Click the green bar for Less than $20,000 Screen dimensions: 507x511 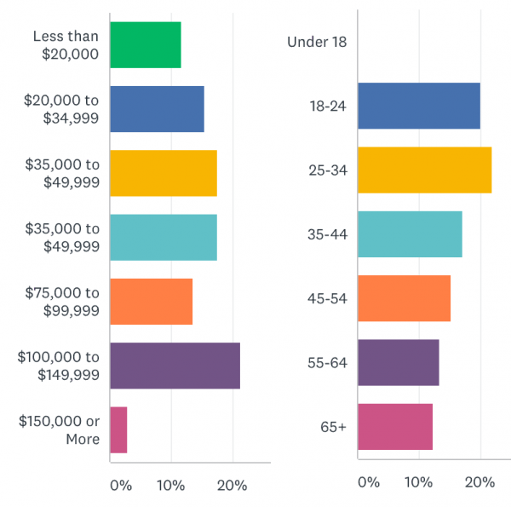click(146, 45)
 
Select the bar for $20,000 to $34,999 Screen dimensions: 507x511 click(157, 109)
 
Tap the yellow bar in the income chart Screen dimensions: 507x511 click(164, 173)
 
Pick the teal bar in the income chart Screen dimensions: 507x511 click(164, 237)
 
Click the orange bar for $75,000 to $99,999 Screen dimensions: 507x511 click(152, 302)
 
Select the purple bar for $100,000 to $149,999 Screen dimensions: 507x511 click(175, 366)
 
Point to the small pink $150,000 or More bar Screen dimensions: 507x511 click(118, 429)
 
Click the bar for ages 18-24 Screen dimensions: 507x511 click(419, 106)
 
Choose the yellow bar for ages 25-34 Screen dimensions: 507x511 click(424, 170)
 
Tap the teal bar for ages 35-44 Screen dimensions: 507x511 click(410, 233)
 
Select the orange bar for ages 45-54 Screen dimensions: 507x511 click(404, 298)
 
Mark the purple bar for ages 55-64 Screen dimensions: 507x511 click(399, 362)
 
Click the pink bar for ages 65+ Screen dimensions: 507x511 click(395, 426)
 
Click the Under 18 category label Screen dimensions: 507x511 click(317, 42)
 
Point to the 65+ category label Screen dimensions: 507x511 click(332, 426)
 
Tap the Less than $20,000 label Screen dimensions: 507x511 click(66, 45)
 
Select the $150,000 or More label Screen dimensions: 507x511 click(59, 430)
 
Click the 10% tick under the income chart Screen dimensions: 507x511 click(170, 486)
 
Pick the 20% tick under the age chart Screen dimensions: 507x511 click(479, 482)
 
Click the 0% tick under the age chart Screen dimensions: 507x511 click(368, 482)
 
